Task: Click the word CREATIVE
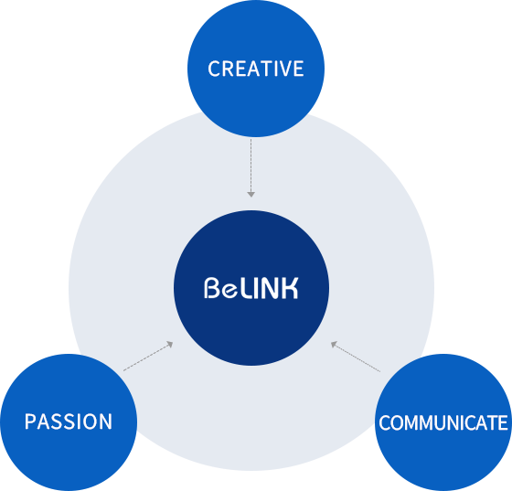click(256, 69)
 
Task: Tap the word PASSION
click(69, 422)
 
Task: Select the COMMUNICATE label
click(443, 422)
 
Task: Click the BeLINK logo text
click(251, 288)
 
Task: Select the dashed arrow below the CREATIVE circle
click(251, 168)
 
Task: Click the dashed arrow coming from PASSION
click(148, 356)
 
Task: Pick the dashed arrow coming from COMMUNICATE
click(356, 357)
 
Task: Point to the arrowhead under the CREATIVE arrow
click(251, 195)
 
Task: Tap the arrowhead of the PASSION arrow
click(169, 344)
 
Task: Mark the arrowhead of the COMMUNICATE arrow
click(334, 344)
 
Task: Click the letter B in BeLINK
click(211, 288)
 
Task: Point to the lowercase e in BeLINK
click(229, 290)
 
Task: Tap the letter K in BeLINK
click(290, 288)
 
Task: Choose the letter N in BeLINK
click(271, 288)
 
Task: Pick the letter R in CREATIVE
click(229, 69)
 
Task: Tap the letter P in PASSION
click(30, 422)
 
